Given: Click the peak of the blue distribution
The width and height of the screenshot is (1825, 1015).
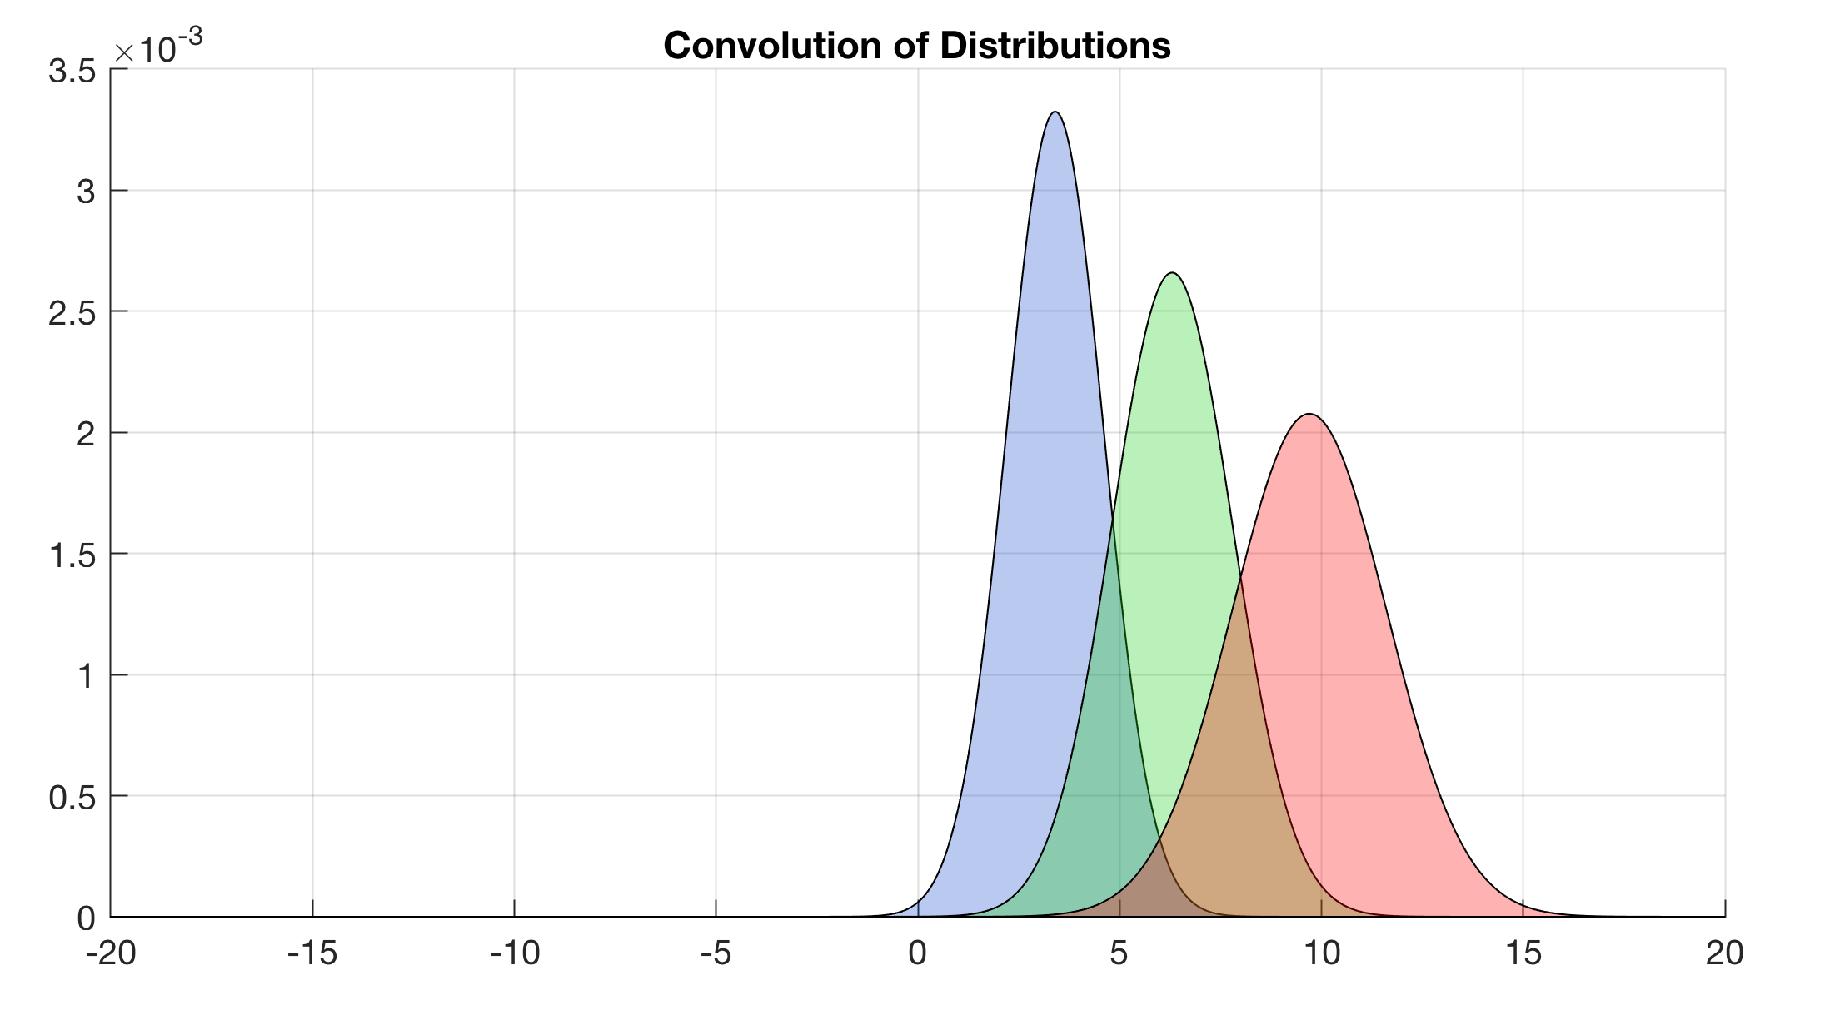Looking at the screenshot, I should [x=1055, y=112].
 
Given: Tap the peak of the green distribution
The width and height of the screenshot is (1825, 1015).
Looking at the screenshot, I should [x=1172, y=273].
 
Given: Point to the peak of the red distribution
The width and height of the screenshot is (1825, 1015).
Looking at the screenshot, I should [x=1310, y=415].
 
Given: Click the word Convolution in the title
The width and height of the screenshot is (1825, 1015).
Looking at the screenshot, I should [x=771, y=46].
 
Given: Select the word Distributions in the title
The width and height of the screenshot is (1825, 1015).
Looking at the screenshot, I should [x=1055, y=46].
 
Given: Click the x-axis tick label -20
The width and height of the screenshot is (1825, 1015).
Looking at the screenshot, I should [x=111, y=953].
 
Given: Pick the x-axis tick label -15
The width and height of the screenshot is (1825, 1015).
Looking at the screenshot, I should [x=312, y=953].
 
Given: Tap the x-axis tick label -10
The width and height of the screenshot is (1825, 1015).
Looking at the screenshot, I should [x=514, y=953].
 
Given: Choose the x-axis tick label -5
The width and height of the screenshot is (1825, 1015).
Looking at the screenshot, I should [x=716, y=953].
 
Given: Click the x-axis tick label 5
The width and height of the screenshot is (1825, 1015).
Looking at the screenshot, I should [x=1119, y=953].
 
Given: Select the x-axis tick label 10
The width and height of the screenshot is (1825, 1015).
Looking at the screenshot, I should [x=1321, y=953].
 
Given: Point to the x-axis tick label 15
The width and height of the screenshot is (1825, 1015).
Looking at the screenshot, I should [x=1523, y=953].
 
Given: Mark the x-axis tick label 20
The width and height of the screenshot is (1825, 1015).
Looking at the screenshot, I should [x=1724, y=953].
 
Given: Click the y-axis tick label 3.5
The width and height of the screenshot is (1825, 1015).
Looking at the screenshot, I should [x=72, y=72].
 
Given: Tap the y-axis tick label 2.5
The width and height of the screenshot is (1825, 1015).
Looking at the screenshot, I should [x=72, y=313].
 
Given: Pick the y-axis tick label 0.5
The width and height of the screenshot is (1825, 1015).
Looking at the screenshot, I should [x=72, y=798].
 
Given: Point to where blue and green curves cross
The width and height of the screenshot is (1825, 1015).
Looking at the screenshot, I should [x=1113, y=522].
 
